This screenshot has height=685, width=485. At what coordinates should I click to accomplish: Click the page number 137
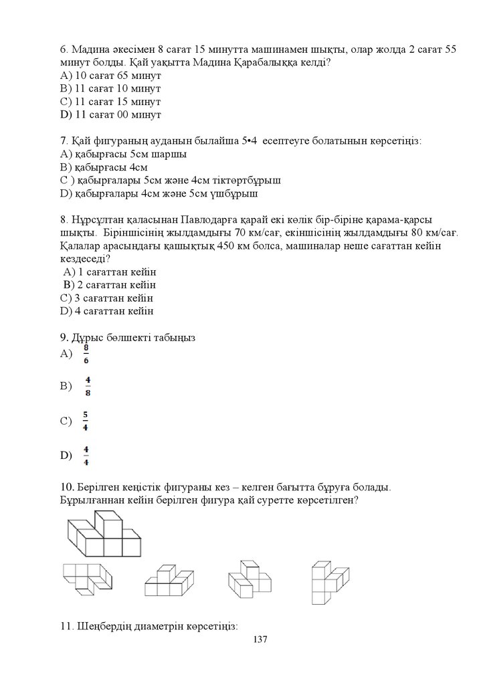tap(260, 640)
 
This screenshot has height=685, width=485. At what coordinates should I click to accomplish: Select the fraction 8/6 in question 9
tap(86, 354)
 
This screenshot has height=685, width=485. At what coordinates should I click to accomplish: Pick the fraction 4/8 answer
tap(88, 386)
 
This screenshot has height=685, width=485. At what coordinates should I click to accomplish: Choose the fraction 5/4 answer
tap(86, 421)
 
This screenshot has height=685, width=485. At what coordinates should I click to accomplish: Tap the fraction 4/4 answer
tap(87, 456)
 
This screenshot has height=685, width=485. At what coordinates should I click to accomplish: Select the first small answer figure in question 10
tap(86, 579)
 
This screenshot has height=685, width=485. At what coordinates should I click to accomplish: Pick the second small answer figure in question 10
tap(166, 581)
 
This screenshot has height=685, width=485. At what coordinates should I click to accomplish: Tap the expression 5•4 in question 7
tap(251, 141)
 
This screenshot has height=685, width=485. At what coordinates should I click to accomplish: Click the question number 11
tap(65, 627)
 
